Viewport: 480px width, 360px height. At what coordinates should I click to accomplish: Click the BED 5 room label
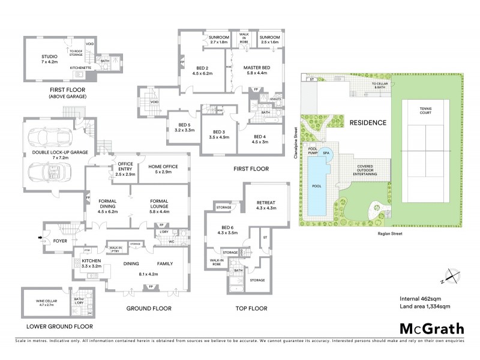tap(181, 126)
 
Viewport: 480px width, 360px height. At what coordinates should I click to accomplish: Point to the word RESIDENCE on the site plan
tap(368, 122)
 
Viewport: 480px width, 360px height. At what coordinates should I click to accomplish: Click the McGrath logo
tap(431, 328)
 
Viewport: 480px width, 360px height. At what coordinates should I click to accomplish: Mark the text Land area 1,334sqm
tap(427, 308)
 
